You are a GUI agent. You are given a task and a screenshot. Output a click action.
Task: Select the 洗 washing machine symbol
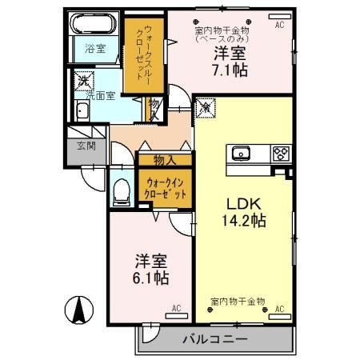[x=82, y=81]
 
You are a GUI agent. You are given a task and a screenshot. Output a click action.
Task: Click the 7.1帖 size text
[x=230, y=70]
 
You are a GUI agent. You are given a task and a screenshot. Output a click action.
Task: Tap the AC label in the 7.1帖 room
[x=280, y=25]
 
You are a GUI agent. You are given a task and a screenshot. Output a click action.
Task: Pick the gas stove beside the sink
[x=281, y=153]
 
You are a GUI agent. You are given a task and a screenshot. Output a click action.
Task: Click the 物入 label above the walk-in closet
[x=164, y=160]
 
